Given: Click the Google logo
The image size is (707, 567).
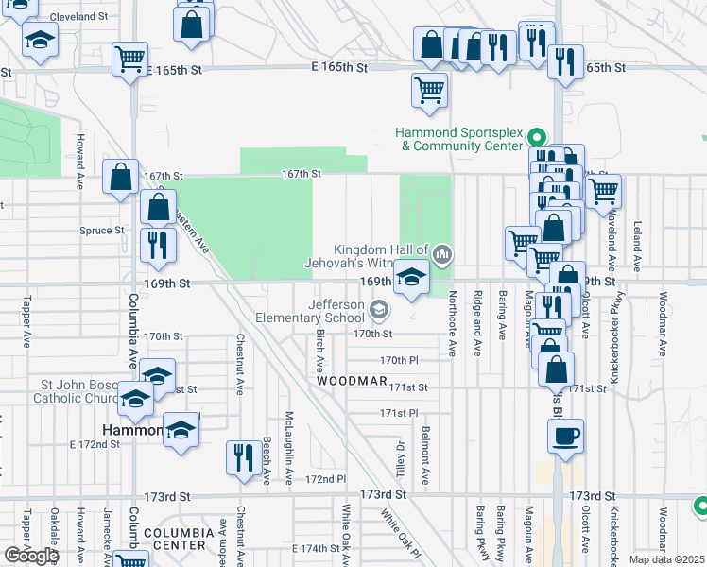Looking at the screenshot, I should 30,556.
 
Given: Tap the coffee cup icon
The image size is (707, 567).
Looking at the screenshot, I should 566,436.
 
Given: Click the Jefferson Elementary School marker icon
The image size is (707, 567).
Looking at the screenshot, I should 378,309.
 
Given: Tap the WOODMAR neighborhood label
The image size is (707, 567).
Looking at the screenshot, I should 352,381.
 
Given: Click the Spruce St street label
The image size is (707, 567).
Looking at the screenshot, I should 105,230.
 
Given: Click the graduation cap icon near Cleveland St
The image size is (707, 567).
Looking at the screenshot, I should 40,41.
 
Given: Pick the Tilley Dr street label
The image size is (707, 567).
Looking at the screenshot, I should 400,457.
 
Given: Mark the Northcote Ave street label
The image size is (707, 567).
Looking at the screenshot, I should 453,322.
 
